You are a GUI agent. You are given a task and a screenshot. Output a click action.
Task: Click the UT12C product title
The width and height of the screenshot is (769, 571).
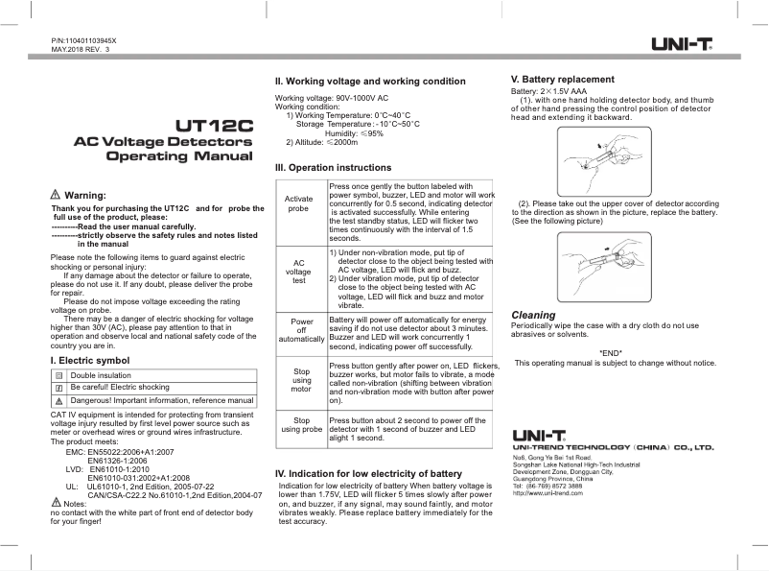(x=215, y=125)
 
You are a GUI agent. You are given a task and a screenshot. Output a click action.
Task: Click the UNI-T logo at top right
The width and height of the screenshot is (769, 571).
(x=682, y=43)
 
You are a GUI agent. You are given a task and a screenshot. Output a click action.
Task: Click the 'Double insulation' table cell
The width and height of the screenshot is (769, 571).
(x=101, y=375)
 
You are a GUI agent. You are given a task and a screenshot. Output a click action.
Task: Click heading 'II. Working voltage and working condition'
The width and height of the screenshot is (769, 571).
(x=370, y=82)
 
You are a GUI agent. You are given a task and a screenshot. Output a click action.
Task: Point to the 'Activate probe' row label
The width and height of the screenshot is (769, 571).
(x=299, y=202)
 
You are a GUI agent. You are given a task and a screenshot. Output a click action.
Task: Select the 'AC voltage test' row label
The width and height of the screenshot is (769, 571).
(x=299, y=271)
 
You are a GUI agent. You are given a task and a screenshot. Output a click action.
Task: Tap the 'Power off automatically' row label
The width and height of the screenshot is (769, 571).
(x=301, y=331)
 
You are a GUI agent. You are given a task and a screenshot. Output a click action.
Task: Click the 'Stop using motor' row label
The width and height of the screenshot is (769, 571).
(x=301, y=379)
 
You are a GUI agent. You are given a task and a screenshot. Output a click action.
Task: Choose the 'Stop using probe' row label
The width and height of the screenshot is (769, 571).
(x=301, y=425)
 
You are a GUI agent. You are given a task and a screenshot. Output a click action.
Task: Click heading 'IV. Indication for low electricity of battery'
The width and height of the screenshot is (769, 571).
(x=368, y=474)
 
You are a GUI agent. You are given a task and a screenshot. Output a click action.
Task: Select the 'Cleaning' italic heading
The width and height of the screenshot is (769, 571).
(x=533, y=315)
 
